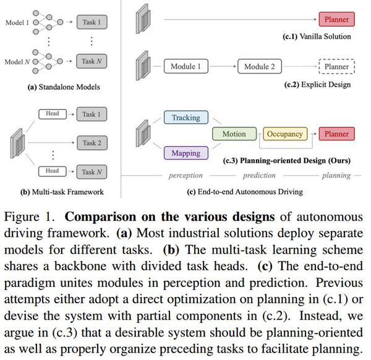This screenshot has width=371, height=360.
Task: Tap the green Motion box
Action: (229, 134)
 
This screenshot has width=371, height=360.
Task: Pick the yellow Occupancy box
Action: (285, 134)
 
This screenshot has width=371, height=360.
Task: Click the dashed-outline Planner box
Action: (336, 66)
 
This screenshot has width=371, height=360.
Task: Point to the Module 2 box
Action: (260, 66)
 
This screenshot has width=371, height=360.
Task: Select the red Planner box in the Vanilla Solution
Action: (336, 20)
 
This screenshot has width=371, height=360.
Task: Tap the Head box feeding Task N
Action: (52, 171)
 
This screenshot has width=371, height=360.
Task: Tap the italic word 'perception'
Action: (185, 176)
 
